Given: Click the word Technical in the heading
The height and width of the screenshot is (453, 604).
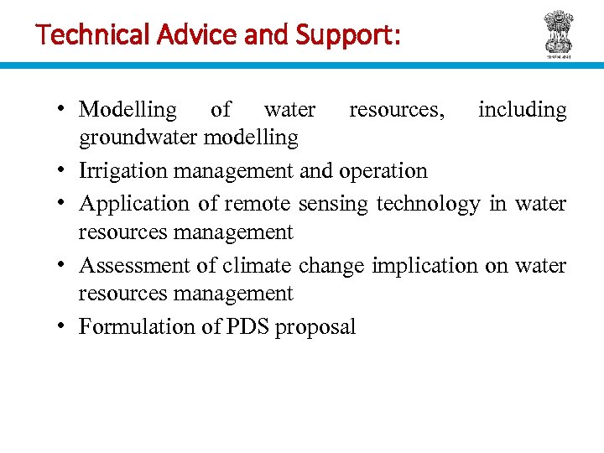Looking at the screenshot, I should [79, 35].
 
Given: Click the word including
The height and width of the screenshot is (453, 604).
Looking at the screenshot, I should [522, 110].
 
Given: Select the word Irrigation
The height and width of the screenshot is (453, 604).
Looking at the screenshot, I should [123, 171].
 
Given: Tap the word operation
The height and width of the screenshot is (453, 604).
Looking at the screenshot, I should [383, 171].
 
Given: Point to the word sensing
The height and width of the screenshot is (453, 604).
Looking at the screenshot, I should [333, 204].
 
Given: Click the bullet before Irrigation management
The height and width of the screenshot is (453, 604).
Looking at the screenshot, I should [64, 171].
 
